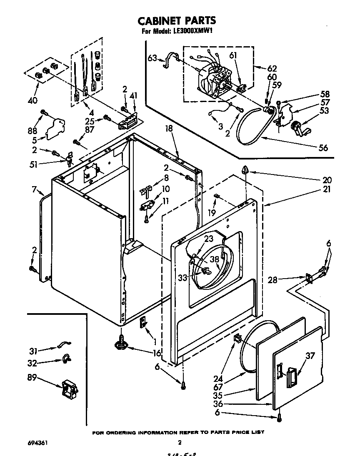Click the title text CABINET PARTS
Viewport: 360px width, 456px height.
pos(177,20)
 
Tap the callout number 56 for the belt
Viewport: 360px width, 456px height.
pos(323,147)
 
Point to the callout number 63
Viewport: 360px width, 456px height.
pos(152,58)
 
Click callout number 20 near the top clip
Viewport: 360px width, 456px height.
pos(327,180)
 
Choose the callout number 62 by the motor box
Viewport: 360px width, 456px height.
pos(272,68)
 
